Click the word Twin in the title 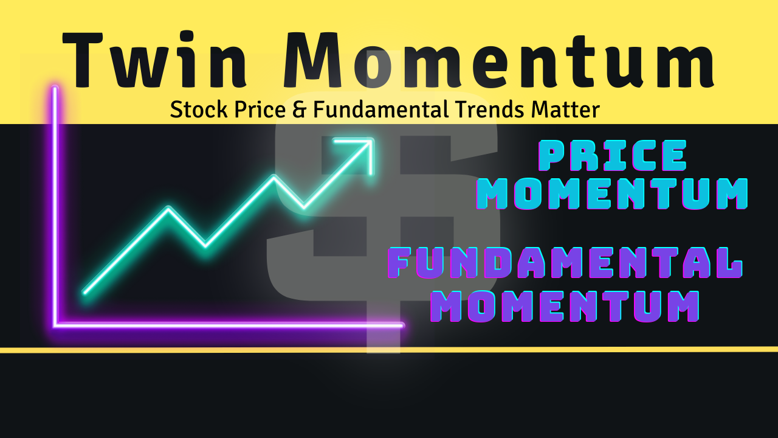tap(154, 59)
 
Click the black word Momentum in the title tap(499, 59)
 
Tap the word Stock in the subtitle tap(199, 109)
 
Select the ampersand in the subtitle tap(300, 109)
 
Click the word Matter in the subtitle tap(565, 109)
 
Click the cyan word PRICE tap(612, 155)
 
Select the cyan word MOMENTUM tap(612, 194)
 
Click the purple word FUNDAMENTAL tap(565, 263)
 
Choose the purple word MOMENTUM tap(565, 306)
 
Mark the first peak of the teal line tap(169, 209)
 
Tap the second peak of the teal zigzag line tap(274, 177)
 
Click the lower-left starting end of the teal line tap(84, 293)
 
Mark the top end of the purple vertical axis tap(55, 88)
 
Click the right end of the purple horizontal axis tap(402, 325)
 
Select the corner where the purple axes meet tap(55, 325)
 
